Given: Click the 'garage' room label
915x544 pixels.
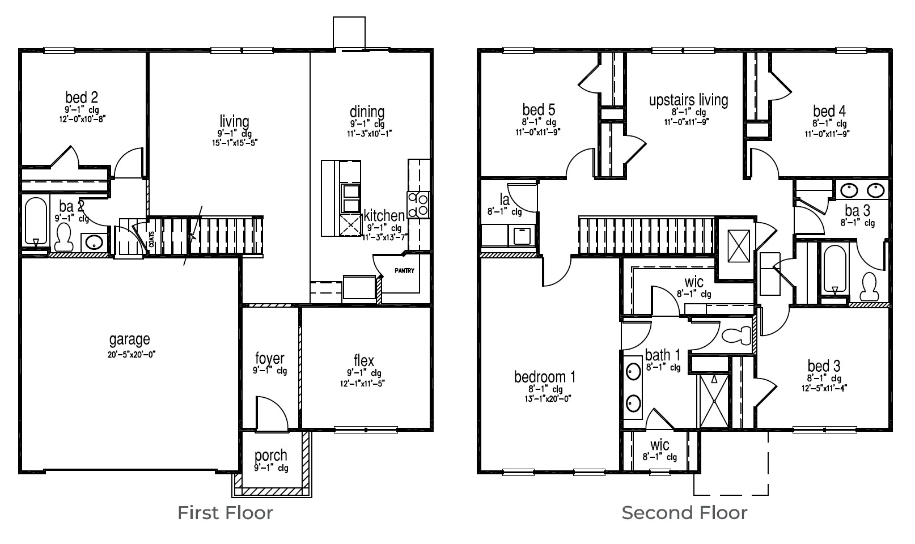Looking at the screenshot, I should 129,339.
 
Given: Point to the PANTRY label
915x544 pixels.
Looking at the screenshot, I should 404,271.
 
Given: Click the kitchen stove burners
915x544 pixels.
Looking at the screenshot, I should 420,205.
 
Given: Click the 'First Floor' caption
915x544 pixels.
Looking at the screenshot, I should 225,513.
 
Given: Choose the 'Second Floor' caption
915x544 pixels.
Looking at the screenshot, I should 684,513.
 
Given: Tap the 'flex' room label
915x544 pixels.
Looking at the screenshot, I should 364,360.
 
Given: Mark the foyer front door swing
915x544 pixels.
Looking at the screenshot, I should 270,413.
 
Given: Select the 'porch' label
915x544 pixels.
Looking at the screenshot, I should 270,455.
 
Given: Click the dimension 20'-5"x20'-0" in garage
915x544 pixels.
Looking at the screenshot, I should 130,354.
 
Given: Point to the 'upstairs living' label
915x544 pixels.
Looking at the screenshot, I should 688,100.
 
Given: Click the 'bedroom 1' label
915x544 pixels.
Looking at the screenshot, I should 544,376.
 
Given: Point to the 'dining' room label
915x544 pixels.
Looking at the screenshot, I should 367,112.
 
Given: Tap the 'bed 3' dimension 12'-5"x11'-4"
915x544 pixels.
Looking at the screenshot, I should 824,388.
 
